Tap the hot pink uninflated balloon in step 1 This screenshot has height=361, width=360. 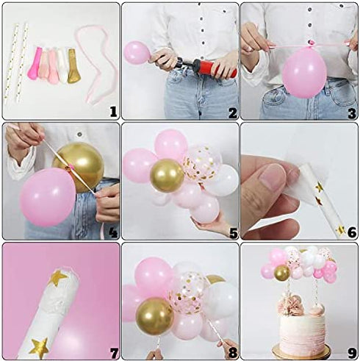point(34,64)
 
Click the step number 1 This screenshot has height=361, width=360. point(112,111)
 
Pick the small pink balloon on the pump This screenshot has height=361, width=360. point(137,52)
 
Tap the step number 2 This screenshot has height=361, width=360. point(232,112)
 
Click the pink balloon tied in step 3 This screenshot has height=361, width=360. point(304,72)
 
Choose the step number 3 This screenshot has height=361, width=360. point(351,112)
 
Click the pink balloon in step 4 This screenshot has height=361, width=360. point(48,197)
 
